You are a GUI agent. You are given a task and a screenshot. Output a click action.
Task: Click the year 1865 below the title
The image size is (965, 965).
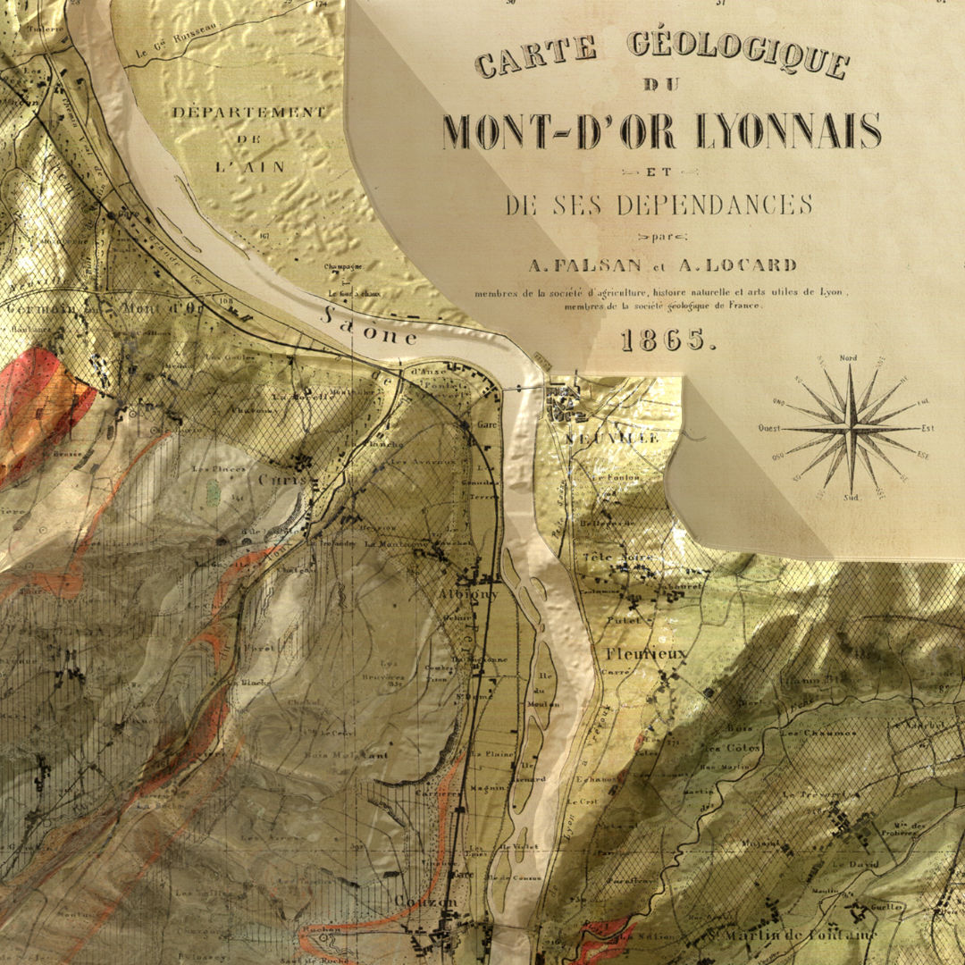667,340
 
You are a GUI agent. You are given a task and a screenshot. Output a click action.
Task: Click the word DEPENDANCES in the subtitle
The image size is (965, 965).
714,205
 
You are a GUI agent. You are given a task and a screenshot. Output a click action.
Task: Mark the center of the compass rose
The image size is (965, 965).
849,428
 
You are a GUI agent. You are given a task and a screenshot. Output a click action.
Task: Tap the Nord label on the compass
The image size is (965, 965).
849,359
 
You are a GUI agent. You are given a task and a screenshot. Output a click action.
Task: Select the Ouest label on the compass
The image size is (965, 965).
769,429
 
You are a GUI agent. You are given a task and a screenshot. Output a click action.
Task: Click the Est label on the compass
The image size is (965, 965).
928,429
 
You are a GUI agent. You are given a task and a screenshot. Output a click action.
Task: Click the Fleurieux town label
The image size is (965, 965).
647,653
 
